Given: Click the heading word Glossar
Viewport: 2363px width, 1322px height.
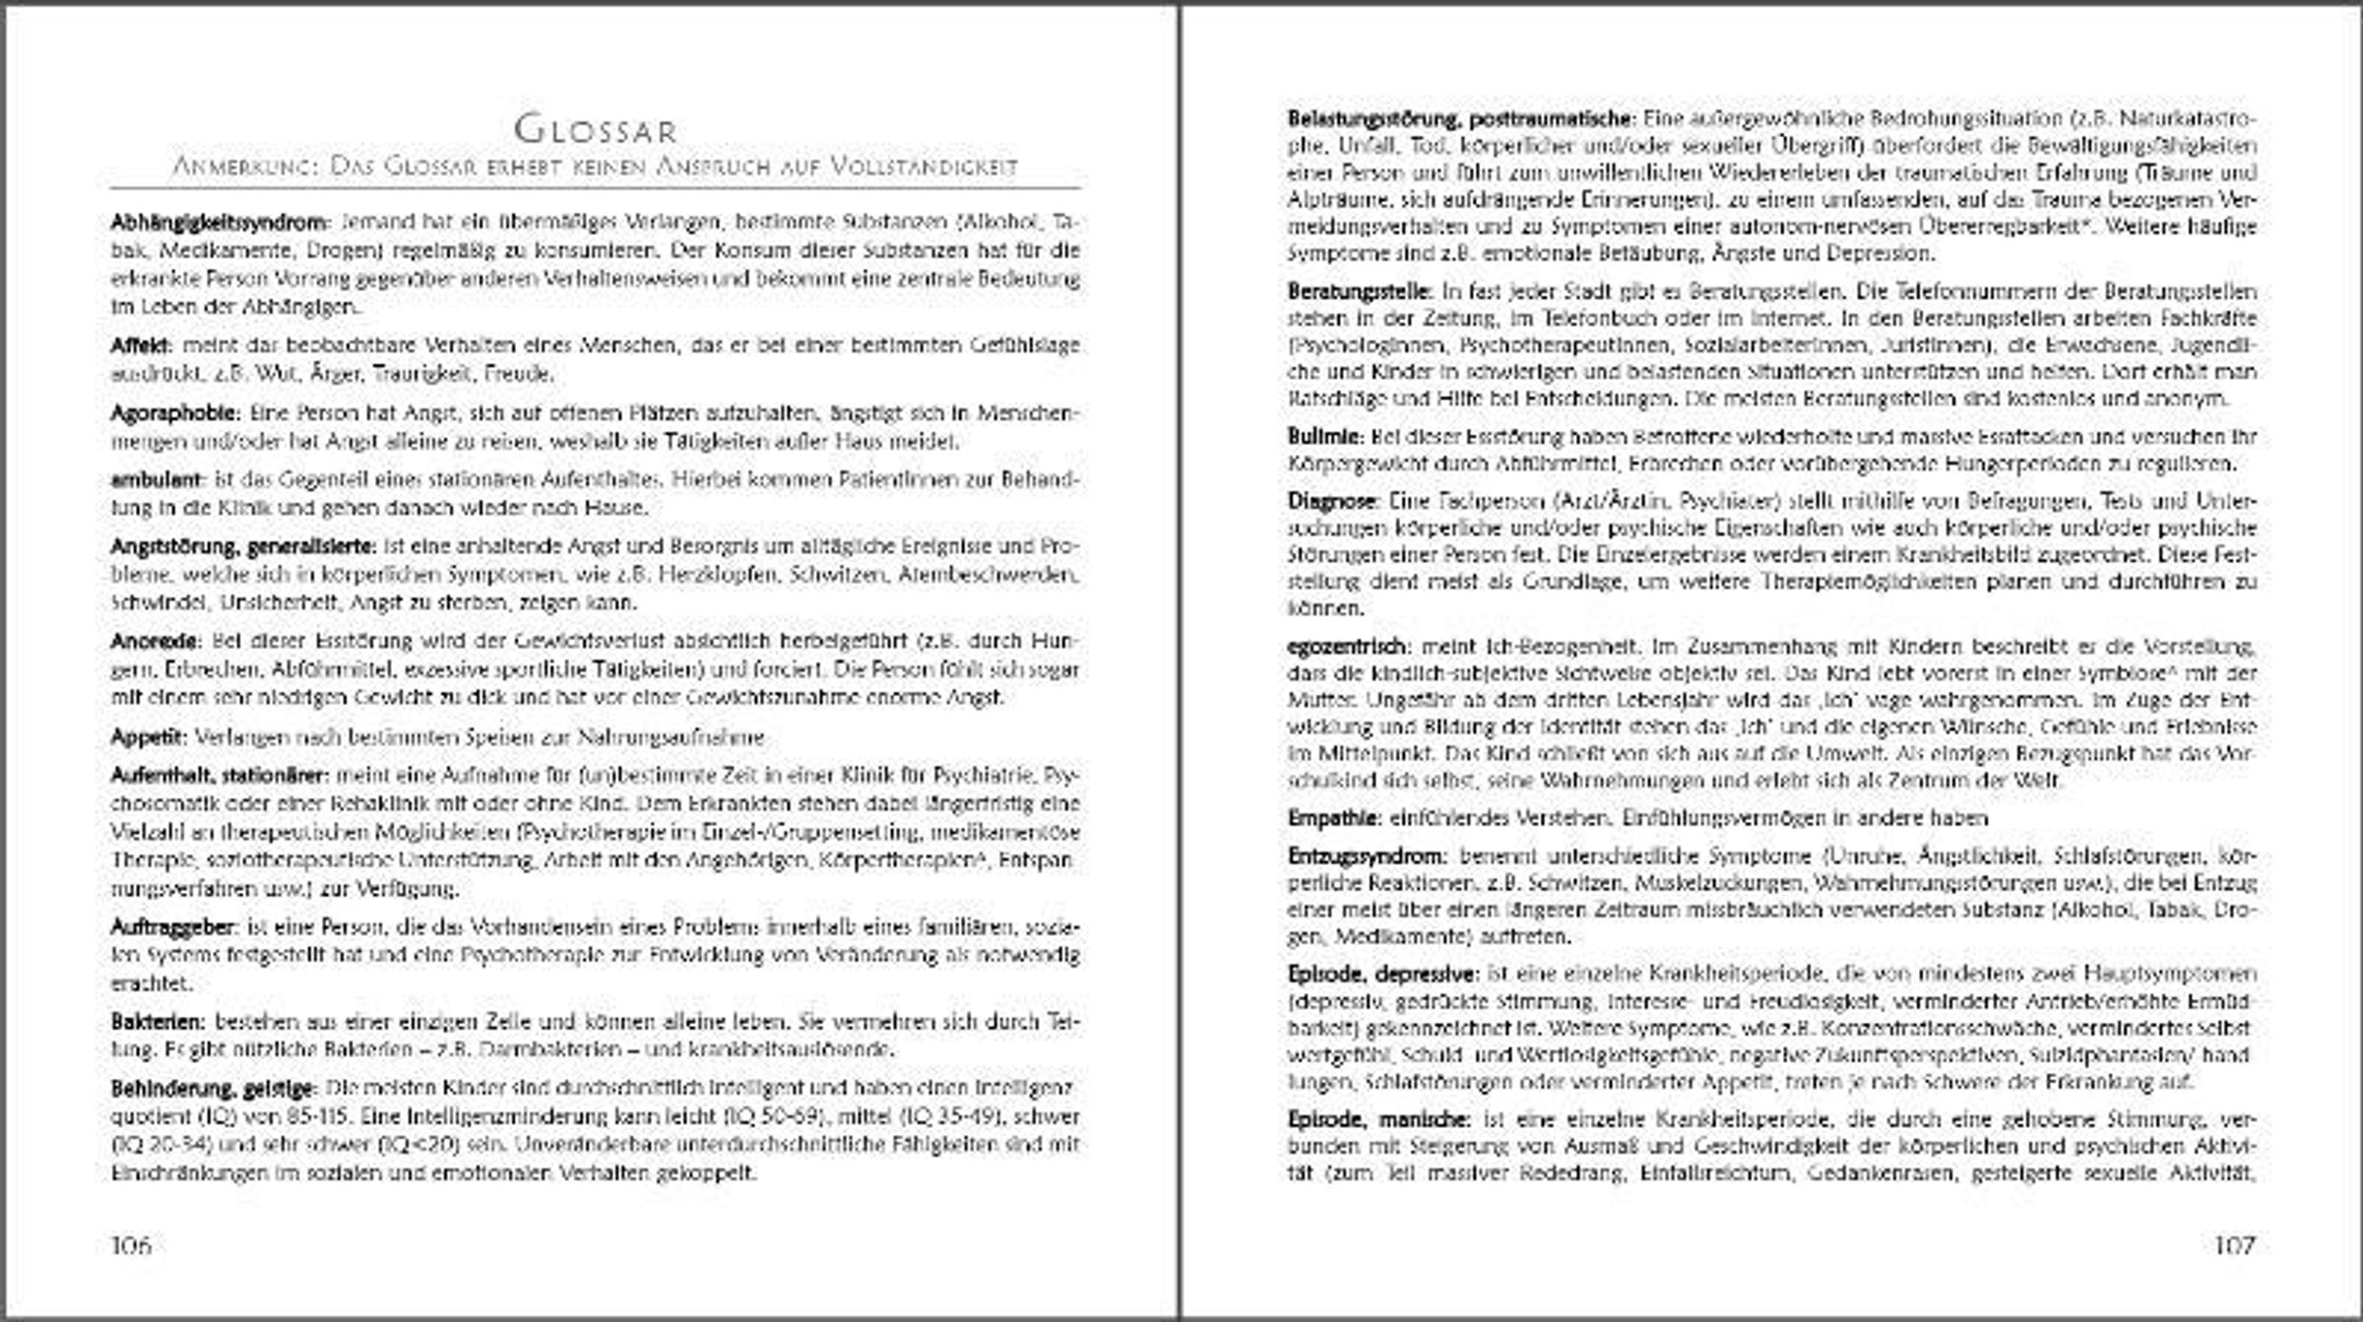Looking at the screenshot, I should point(596,129).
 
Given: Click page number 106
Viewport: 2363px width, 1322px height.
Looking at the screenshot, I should point(132,1245).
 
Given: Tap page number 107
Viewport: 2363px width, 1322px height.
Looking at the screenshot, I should point(2234,1245).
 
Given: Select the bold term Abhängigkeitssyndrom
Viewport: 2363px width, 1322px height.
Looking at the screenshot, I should point(218,221).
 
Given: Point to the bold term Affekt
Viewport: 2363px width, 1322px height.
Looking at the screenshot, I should point(142,346).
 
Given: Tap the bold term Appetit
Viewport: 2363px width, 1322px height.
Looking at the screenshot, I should point(148,736).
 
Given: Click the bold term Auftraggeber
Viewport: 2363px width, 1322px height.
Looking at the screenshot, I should point(173,927).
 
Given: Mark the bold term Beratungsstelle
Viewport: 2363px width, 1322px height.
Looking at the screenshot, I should point(1360,291).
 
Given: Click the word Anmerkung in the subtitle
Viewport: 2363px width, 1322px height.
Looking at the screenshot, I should point(241,166).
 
